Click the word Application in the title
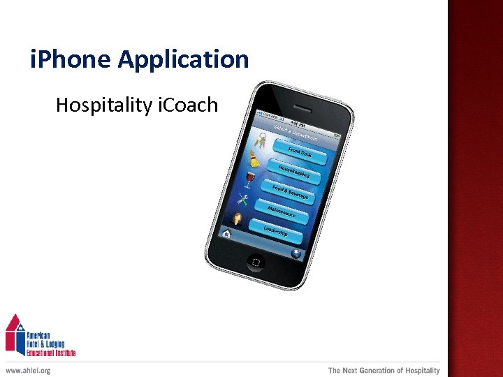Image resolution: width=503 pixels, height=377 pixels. (x=183, y=59)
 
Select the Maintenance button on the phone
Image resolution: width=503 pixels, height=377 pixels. (x=283, y=212)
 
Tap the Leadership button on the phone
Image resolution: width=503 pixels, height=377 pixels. (x=277, y=231)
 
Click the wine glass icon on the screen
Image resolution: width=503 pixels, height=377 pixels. (x=249, y=179)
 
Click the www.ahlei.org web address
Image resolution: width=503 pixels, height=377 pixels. (x=28, y=371)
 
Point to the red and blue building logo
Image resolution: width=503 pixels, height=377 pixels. (x=15, y=334)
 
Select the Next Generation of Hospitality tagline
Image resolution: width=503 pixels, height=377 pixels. (x=384, y=371)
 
